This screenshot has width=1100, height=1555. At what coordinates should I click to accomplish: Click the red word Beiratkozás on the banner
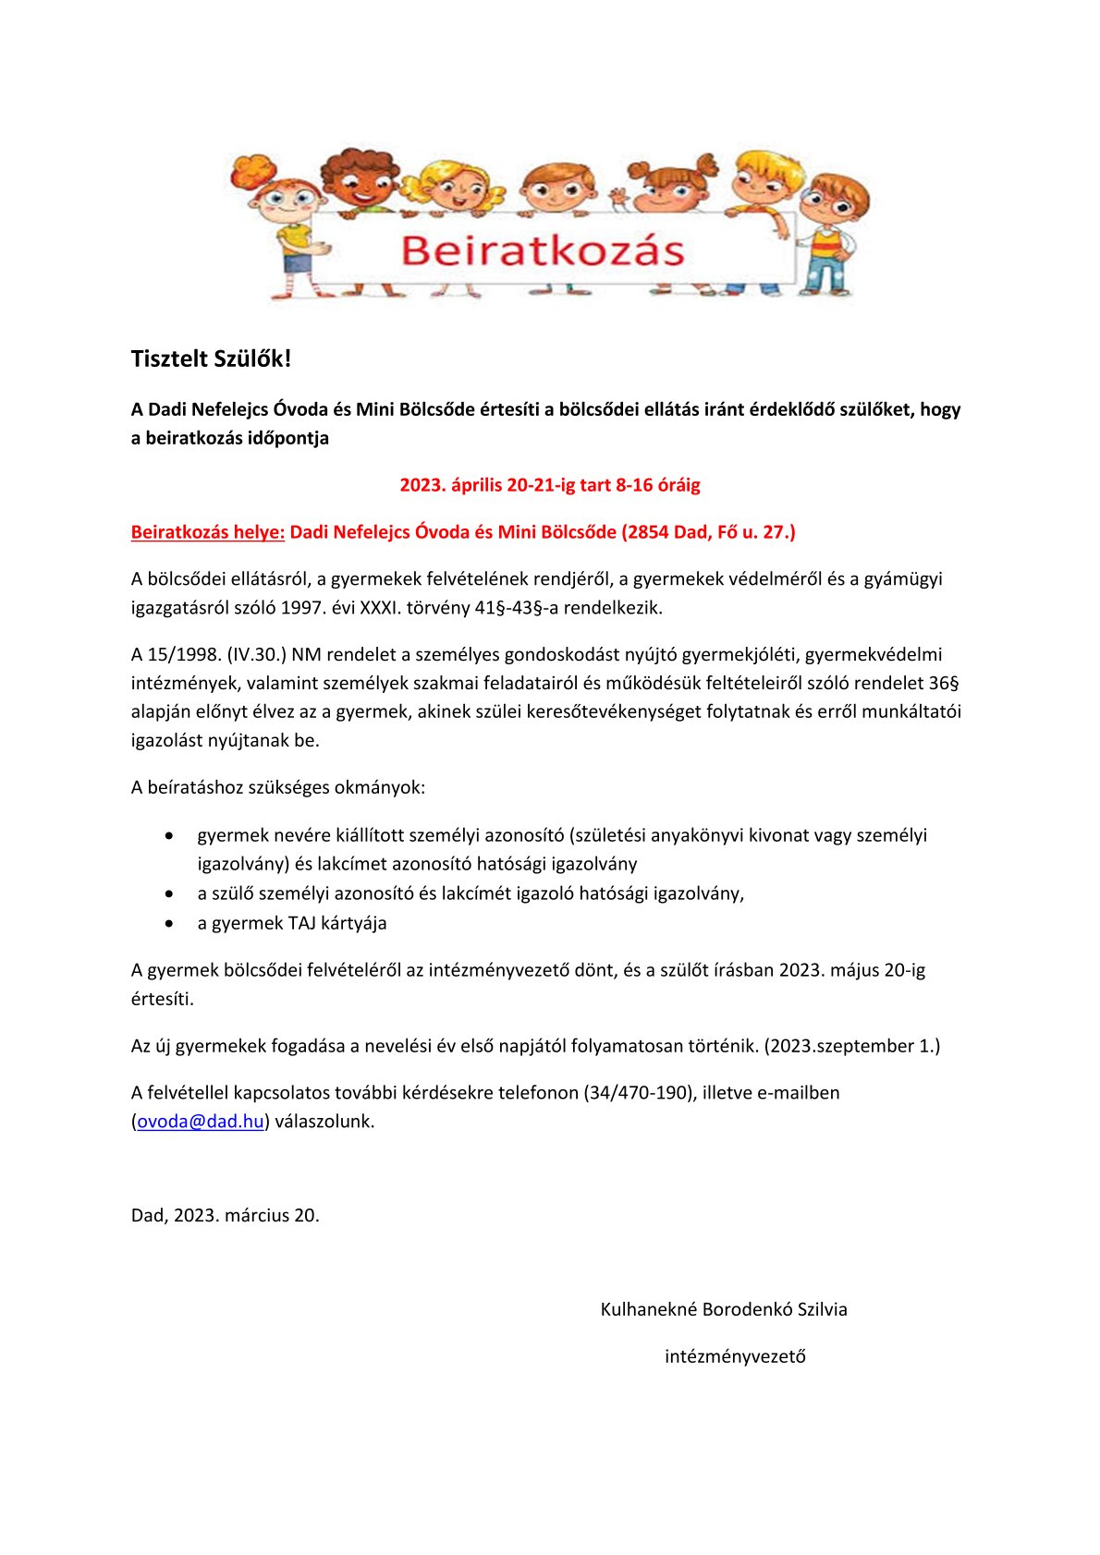pyautogui.click(x=542, y=251)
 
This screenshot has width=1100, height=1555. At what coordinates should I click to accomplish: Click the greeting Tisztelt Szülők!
pyautogui.click(x=211, y=359)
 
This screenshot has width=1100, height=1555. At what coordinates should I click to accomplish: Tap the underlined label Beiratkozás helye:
pyautogui.click(x=207, y=532)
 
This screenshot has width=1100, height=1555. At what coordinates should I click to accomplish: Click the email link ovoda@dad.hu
pyautogui.click(x=201, y=1122)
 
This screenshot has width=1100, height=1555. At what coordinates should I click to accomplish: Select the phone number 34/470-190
pyautogui.click(x=639, y=1093)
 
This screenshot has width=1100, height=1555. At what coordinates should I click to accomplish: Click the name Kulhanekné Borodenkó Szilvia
pyautogui.click(x=724, y=1309)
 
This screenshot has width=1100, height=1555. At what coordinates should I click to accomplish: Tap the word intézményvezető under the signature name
pyautogui.click(x=735, y=1356)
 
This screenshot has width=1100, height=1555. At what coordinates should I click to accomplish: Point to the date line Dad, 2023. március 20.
pyautogui.click(x=226, y=1216)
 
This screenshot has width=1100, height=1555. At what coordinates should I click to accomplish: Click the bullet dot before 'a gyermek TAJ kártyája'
pyautogui.click(x=169, y=923)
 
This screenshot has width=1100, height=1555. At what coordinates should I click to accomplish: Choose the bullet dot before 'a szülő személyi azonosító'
pyautogui.click(x=169, y=893)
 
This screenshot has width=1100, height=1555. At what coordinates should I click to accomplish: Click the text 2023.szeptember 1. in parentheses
pyautogui.click(x=851, y=1046)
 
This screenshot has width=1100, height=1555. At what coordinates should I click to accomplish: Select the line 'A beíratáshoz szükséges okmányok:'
pyautogui.click(x=278, y=788)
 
